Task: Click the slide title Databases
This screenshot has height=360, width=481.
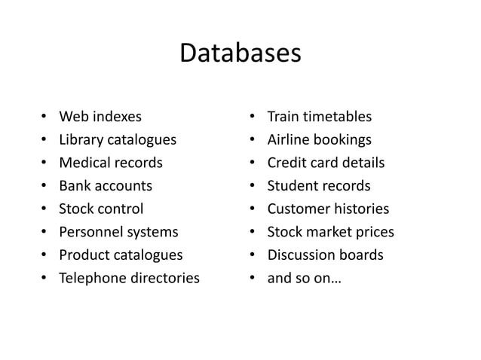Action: tap(240, 55)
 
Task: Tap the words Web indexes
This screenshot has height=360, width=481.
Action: tap(100, 117)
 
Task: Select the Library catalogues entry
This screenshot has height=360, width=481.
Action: tap(118, 140)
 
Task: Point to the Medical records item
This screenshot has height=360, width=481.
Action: tap(111, 163)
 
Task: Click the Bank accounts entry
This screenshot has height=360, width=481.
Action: tap(106, 186)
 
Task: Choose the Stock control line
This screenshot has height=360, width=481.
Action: tap(101, 209)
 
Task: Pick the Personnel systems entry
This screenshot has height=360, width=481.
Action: tap(118, 232)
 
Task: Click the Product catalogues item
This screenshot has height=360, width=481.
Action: tap(121, 255)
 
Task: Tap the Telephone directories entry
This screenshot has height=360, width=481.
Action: tap(130, 278)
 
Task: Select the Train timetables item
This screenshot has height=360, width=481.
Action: tap(320, 117)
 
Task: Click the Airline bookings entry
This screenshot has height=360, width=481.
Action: tap(320, 140)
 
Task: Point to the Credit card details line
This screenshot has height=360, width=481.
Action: tap(326, 163)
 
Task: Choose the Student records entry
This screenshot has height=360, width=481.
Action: tap(319, 186)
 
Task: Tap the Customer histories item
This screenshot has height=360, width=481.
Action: tap(328, 209)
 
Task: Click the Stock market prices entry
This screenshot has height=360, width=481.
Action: tap(331, 232)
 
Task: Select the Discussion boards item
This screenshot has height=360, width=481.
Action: tap(325, 255)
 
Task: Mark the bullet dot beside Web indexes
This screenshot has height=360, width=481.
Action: tap(44, 117)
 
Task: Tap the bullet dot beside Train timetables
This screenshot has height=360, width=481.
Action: tap(251, 117)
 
